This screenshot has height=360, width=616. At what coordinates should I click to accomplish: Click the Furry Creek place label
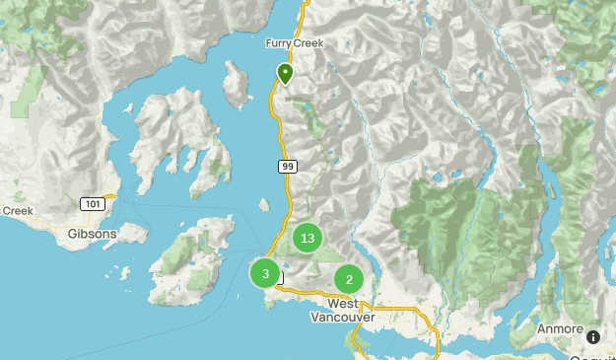pos(294,43)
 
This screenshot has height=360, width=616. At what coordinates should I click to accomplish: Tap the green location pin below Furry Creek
pos(285,73)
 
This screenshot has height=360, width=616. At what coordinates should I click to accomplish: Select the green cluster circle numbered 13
pos(308,238)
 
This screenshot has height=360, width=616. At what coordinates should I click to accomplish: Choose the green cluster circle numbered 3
pos(265,273)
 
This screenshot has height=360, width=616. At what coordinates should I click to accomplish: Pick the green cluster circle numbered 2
pos(349,279)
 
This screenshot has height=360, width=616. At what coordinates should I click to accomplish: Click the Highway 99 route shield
pos(287,168)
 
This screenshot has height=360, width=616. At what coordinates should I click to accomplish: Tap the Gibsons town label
pos(93,234)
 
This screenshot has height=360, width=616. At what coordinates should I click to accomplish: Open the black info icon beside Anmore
pos(592,337)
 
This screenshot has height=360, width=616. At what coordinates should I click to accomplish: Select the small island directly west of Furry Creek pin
pos(236,85)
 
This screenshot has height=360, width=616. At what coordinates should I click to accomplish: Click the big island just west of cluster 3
pos(193,258)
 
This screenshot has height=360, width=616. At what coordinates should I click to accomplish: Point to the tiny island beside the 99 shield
pos(264,205)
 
